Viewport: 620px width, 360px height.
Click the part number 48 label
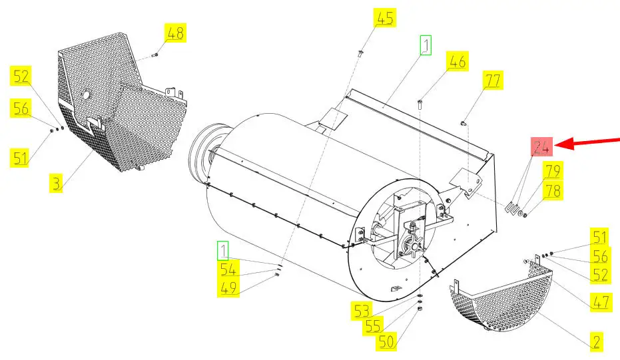click(x=175, y=33)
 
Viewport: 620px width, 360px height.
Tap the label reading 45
click(x=385, y=18)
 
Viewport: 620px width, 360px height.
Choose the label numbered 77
click(x=493, y=81)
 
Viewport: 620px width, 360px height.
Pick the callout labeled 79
click(x=551, y=171)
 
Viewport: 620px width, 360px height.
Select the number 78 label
click(x=551, y=191)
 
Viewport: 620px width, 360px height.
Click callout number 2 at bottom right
click(x=597, y=342)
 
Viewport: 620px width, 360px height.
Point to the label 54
click(x=229, y=269)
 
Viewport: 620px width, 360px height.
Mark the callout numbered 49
click(x=229, y=288)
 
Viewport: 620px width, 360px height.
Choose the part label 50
click(x=387, y=343)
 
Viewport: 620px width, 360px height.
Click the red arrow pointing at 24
click(x=589, y=140)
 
